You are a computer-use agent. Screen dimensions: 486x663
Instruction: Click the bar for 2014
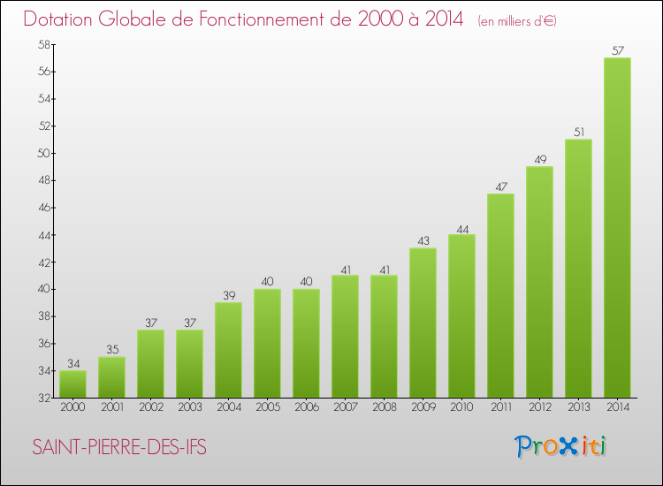[x=617, y=228]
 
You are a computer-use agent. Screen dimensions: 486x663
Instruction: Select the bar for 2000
[x=72, y=384]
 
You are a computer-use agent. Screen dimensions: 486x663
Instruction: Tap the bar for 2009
[x=423, y=323]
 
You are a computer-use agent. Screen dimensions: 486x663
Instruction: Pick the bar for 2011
[x=500, y=296]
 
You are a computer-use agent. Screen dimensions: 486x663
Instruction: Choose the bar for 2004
[x=228, y=350]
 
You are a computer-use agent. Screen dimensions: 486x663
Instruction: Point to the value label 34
[x=72, y=364]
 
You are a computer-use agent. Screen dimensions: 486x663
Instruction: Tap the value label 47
[x=500, y=187]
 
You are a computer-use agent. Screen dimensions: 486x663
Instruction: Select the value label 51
[x=578, y=133]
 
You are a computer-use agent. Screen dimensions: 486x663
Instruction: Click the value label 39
[x=228, y=296]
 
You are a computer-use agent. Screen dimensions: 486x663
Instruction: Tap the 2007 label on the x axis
[x=345, y=408]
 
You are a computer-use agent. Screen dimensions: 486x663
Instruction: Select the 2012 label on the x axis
[x=539, y=408]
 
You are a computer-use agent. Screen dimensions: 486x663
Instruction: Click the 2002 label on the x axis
[x=150, y=408]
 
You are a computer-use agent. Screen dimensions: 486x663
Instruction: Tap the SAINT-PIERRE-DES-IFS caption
[x=119, y=448]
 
